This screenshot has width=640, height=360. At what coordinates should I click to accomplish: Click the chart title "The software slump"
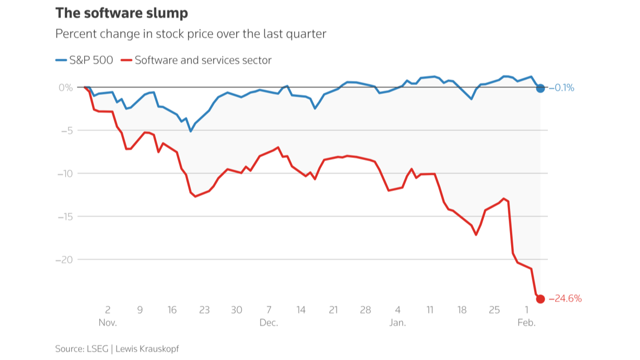coord(122,13)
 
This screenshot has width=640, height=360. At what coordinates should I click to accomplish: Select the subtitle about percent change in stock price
coord(190,33)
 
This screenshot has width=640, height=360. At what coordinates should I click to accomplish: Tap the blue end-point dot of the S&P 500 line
coord(540,88)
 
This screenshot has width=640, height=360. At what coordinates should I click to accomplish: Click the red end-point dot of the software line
coord(540,299)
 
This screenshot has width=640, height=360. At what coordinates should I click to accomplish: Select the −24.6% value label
coord(565,299)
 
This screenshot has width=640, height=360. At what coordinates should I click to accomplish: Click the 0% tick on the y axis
coord(65,88)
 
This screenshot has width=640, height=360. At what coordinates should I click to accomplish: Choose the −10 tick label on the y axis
coord(65,174)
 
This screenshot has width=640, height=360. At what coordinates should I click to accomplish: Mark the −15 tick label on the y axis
coord(65,217)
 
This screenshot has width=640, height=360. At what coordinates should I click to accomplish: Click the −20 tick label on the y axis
coord(65,260)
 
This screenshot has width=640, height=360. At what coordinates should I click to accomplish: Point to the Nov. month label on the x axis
coord(108,323)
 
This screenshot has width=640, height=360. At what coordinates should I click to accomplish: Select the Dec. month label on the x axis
coord(268,323)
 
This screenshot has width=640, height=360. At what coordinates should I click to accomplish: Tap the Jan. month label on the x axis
coord(397,323)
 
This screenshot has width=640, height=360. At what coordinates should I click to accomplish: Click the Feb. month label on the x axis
coord(526,323)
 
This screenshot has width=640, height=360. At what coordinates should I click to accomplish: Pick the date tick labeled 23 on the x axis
coord(204,310)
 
